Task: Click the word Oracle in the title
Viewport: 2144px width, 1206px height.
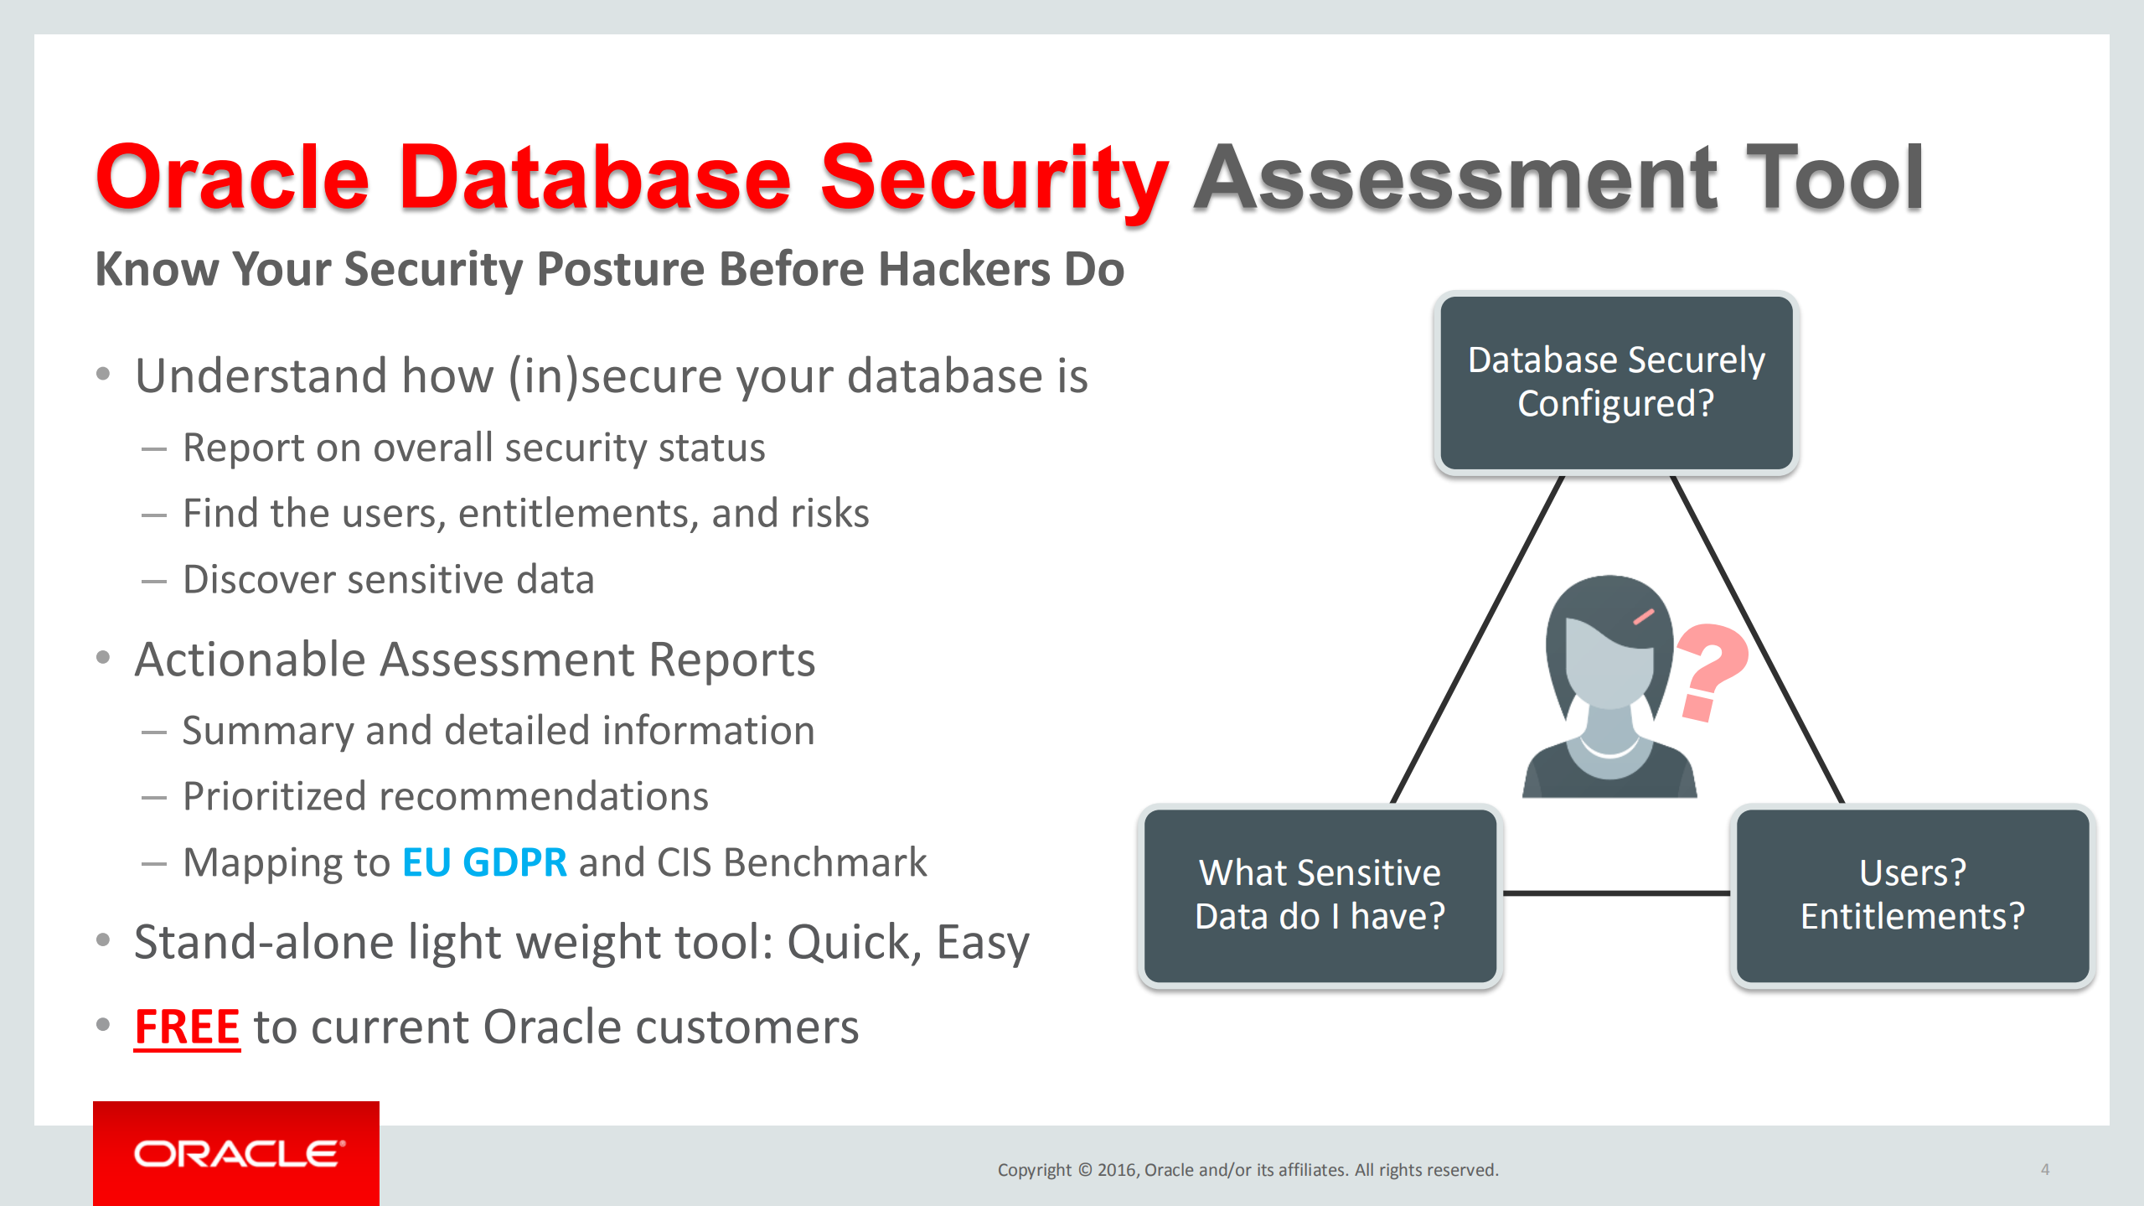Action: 232,179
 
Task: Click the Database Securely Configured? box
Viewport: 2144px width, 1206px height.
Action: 1615,383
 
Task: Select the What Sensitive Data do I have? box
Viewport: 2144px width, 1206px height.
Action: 1320,895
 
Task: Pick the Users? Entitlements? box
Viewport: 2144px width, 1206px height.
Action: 1912,895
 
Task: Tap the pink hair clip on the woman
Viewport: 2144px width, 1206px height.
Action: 1643,618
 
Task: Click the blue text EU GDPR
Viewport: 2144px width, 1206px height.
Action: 484,862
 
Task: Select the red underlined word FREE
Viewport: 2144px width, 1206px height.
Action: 187,1027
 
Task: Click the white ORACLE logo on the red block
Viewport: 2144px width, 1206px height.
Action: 238,1154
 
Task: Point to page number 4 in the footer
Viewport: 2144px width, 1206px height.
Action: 2044,1169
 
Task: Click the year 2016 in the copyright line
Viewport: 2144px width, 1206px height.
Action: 1116,1170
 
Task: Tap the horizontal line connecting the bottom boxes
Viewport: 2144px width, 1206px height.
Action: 1615,893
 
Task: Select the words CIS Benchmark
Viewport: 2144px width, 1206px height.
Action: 792,862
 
